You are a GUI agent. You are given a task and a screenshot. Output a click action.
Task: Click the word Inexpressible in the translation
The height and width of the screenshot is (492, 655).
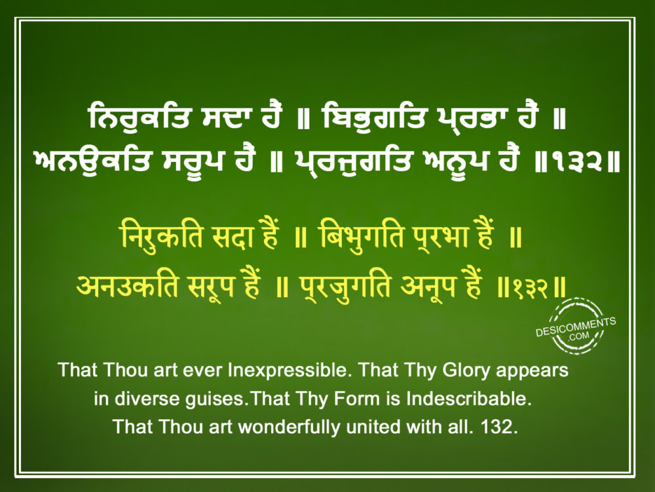[x=288, y=370]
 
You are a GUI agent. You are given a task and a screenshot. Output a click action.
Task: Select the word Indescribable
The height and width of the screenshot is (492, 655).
[x=469, y=398]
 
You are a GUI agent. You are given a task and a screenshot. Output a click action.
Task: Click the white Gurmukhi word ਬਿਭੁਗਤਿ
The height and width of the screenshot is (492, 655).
[x=374, y=117]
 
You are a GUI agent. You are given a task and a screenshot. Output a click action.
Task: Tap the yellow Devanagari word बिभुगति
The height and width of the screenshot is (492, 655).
[x=362, y=236]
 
